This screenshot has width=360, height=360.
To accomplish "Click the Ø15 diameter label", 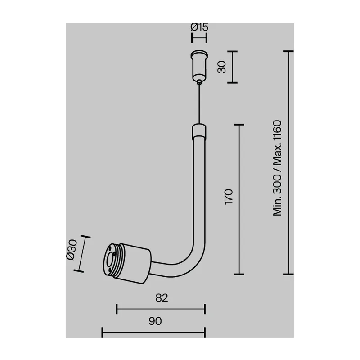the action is pos(199,27).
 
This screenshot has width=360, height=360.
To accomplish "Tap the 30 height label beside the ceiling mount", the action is pos(222,67).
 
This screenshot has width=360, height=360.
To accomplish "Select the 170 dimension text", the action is pos(229,197).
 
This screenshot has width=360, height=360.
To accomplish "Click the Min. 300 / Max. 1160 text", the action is pos(277,168).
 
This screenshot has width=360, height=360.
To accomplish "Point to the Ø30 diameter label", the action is pos(72,250).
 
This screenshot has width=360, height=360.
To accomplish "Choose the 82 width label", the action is pos(162,298).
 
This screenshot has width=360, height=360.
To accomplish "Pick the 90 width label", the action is pos(155,321).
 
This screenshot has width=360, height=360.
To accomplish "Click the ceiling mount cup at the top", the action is pos(199,65).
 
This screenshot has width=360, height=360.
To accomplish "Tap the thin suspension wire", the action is pos(199,104).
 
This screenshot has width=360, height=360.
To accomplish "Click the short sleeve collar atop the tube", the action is pos(199,131).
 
